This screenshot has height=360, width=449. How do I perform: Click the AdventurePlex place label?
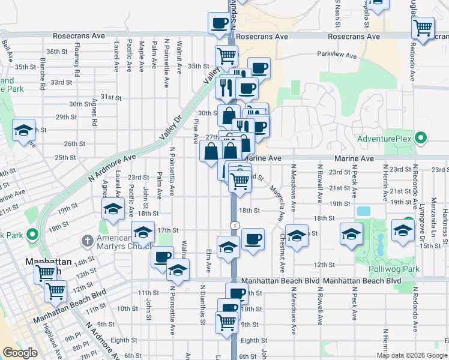(x=384, y=139)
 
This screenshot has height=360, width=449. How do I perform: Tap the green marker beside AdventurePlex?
(x=421, y=139)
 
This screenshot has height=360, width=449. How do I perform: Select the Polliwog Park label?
(x=394, y=269)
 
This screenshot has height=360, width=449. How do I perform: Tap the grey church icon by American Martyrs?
(x=88, y=241)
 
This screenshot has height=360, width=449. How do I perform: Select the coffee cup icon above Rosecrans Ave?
(x=219, y=23)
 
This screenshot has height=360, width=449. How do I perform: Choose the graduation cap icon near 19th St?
(x=112, y=210)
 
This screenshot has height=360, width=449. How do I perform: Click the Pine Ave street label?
(x=195, y=131)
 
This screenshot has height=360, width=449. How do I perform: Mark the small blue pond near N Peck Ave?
(x=363, y=211)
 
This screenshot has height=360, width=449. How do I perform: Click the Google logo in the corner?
(x=20, y=353)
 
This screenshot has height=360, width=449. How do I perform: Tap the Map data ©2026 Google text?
(x=412, y=355)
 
